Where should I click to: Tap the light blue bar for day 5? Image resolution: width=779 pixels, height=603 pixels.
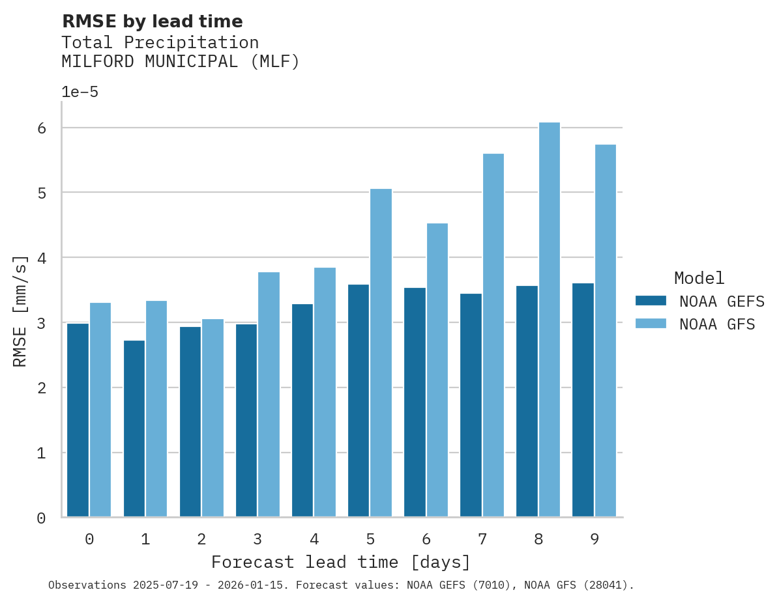381,352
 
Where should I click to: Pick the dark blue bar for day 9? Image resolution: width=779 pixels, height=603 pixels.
583,400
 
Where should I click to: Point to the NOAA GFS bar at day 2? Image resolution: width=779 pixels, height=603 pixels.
213,417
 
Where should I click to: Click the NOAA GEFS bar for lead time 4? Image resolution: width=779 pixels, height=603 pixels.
302,410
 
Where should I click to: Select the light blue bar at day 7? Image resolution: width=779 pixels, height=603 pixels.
493,335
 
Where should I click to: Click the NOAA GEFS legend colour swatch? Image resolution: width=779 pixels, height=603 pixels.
651,301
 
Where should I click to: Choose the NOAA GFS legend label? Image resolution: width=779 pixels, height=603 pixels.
716,324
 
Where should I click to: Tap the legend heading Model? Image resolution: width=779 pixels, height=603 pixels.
699,279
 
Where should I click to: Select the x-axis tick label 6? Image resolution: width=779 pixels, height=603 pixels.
426,539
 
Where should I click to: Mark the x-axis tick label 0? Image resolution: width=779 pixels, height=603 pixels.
89,539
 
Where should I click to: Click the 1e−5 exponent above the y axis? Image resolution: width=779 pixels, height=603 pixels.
80,92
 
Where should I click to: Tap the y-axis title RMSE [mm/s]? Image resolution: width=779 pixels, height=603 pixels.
21,311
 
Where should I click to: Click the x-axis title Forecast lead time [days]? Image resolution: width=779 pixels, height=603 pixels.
340,562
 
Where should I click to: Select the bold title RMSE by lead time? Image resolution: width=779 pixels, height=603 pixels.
152,21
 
